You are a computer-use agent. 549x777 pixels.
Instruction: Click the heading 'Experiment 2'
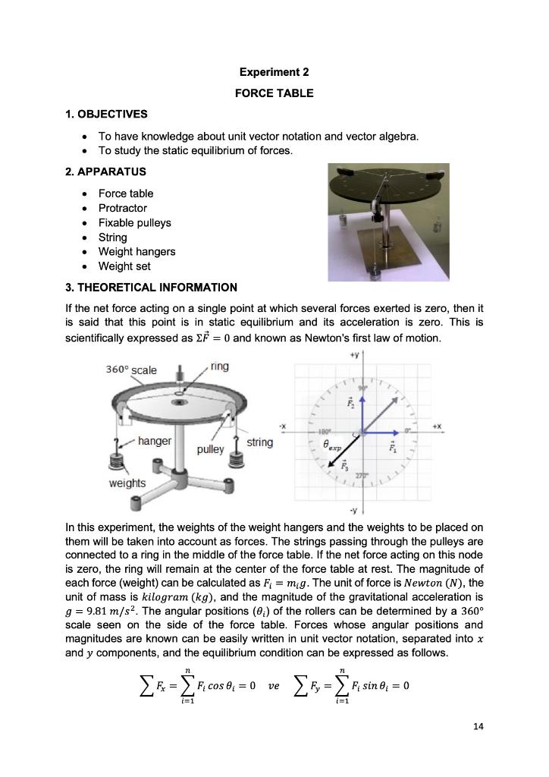tap(274, 73)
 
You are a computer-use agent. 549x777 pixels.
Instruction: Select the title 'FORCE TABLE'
tap(274, 93)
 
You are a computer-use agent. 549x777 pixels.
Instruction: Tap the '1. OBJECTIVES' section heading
tap(106, 115)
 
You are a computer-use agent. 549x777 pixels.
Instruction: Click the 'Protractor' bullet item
tap(123, 208)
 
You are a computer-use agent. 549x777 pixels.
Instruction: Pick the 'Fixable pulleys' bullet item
tap(134, 222)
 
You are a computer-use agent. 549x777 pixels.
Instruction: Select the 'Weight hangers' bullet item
tap(136, 251)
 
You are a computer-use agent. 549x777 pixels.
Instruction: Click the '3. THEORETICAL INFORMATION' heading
tap(152, 288)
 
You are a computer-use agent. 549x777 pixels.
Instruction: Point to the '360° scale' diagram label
tap(131, 370)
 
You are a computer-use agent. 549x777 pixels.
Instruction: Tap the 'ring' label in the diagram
tap(219, 366)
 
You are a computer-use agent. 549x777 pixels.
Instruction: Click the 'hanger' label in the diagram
tap(154, 441)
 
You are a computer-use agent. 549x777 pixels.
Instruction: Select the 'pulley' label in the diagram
tap(210, 449)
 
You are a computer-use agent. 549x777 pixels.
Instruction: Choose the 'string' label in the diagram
tap(259, 442)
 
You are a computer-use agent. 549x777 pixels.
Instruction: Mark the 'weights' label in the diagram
tap(127, 483)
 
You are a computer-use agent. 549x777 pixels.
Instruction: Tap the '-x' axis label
tap(282, 426)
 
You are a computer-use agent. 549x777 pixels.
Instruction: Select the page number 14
tap(477, 727)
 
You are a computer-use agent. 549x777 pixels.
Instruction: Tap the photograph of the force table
tap(387, 222)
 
